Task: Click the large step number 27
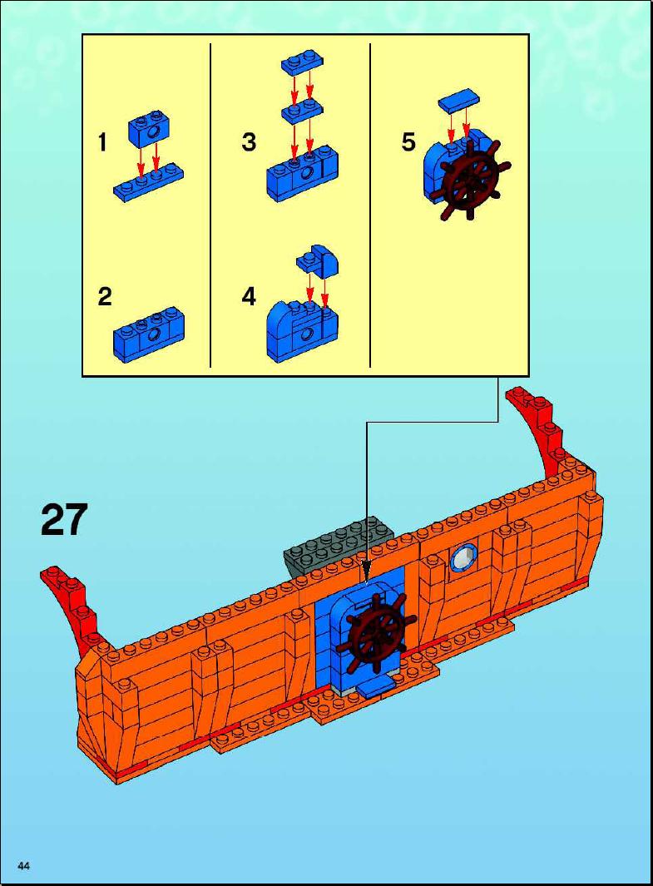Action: click(64, 519)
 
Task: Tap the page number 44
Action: click(24, 866)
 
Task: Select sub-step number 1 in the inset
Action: click(102, 141)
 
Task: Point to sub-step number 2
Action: click(105, 297)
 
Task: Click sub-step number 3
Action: click(249, 141)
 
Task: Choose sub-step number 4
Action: click(249, 297)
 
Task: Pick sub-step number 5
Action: click(408, 141)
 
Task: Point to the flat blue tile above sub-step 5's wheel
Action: click(460, 100)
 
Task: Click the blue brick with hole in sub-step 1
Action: click(150, 129)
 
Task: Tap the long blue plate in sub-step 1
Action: click(149, 181)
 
